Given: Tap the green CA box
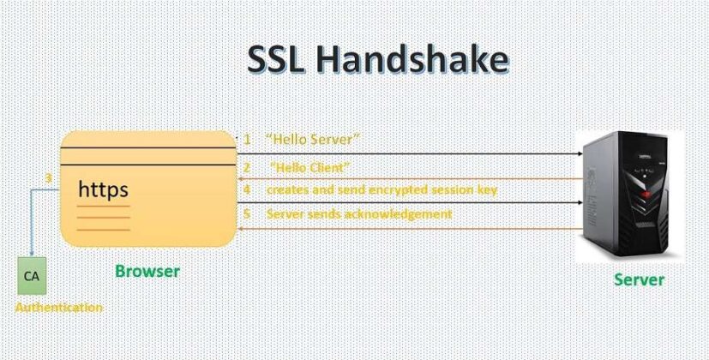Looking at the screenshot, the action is (32, 276).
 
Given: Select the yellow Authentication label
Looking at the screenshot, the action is (59, 308).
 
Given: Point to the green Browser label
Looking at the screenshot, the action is (147, 272).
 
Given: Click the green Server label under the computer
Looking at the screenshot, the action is (639, 280).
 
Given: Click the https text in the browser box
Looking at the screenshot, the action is (104, 190).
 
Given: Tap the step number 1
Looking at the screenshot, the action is (247, 140).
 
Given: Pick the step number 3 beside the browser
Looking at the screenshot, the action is (49, 178).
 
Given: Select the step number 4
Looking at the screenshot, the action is (247, 189).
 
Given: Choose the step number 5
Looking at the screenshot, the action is (247, 214).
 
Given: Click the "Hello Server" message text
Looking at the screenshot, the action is (313, 140).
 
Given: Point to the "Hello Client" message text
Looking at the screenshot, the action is (310, 168).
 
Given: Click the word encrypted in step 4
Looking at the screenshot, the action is (398, 190).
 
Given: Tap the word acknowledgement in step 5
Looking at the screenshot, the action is (398, 214).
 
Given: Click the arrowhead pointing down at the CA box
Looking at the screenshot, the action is (31, 254).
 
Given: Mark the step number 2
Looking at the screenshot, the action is (247, 168).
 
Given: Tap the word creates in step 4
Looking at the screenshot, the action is (285, 190).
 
